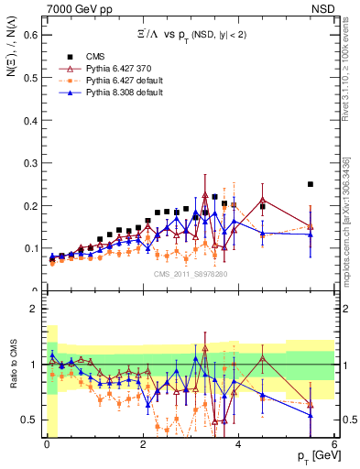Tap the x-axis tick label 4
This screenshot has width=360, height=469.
238,443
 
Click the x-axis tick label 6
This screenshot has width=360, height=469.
334,443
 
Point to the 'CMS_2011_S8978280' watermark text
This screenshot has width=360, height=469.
190,273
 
